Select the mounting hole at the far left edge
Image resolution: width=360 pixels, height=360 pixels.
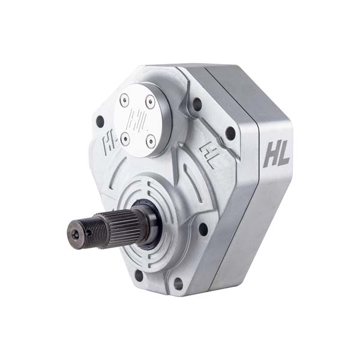point(100,121)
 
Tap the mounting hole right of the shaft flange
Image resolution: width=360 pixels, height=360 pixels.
point(203,229)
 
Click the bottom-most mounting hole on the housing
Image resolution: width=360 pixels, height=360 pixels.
point(178,283)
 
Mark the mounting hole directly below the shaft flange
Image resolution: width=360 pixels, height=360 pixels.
point(139,275)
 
